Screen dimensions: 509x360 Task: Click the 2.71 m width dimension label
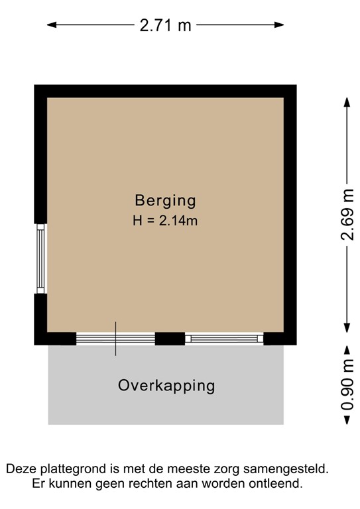click(x=165, y=25)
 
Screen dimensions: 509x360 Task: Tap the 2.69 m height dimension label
click(x=347, y=216)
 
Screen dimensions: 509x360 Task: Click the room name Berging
click(x=165, y=199)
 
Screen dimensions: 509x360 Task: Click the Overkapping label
click(x=166, y=386)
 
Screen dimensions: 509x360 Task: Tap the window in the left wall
click(x=40, y=258)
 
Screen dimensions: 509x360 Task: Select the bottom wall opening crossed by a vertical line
click(x=115, y=339)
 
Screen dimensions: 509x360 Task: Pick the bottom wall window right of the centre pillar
click(x=224, y=339)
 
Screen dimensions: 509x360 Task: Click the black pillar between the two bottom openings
click(x=170, y=339)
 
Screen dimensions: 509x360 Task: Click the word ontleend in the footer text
click(x=278, y=484)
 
